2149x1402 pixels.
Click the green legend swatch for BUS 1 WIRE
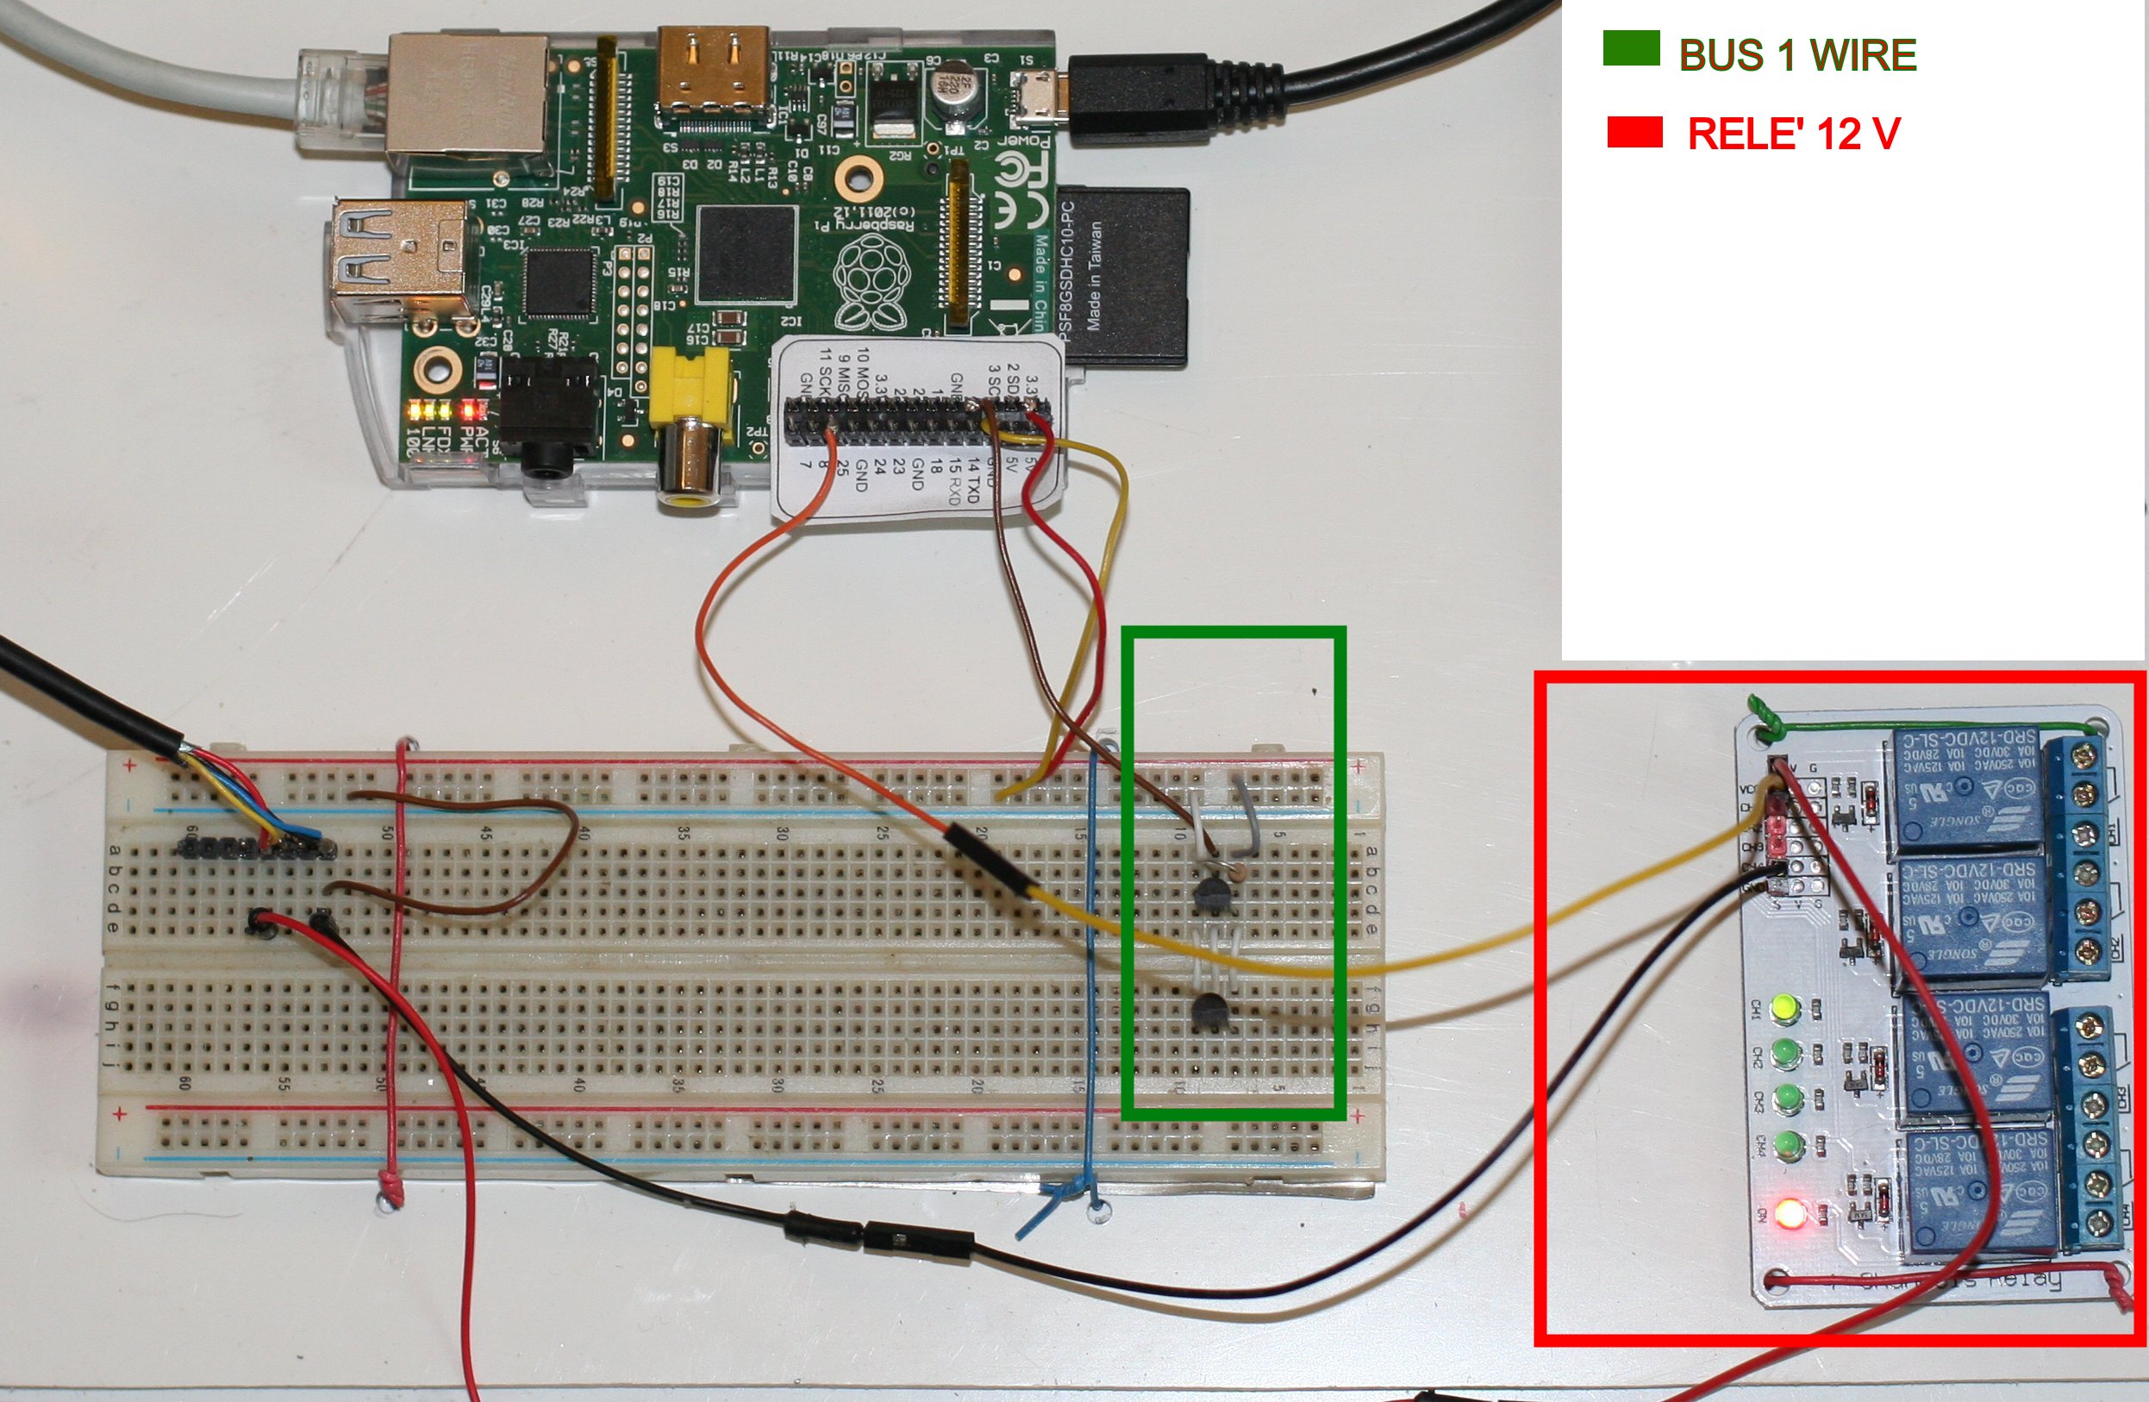(x=1631, y=49)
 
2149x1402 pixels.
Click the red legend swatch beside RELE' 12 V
(x=1634, y=132)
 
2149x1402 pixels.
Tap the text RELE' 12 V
(x=1793, y=134)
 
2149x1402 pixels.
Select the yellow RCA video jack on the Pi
(x=690, y=406)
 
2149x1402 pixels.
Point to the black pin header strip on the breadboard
(x=258, y=848)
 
